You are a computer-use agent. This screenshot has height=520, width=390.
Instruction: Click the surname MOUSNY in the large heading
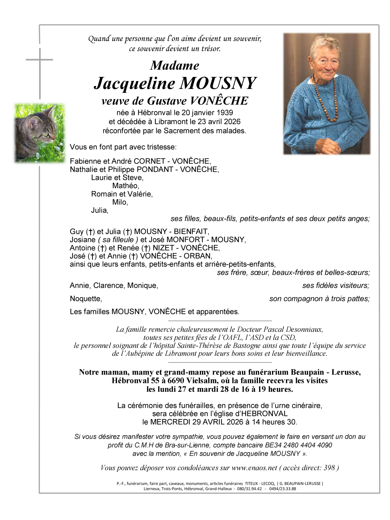click(218, 83)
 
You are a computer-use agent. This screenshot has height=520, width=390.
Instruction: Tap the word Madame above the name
click(174, 66)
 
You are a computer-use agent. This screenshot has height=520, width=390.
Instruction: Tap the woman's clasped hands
click(327, 142)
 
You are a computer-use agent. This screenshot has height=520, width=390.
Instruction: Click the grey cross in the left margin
click(40, 60)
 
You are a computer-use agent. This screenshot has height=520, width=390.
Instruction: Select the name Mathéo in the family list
click(125, 186)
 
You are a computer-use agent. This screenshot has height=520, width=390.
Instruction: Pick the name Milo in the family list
click(120, 202)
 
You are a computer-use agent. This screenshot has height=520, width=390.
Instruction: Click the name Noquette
click(86, 299)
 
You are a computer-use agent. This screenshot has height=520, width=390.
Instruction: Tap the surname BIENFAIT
click(191, 232)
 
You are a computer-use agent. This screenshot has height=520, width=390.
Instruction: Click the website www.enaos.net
click(254, 468)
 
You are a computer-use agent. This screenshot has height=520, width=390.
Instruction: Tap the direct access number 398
click(329, 468)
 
